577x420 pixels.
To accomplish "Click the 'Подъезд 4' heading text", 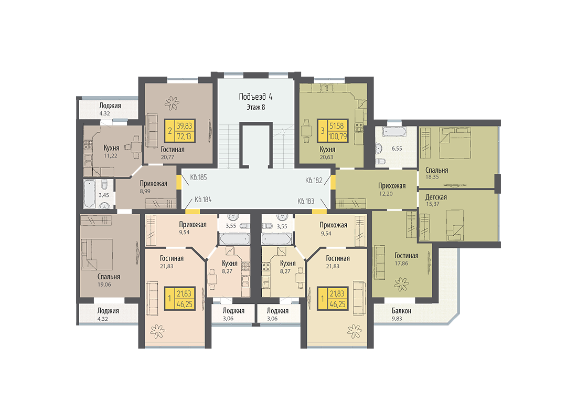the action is (x=255, y=97).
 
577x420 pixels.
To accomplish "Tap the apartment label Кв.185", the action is (x=198, y=177).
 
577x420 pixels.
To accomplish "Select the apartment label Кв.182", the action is (x=314, y=181).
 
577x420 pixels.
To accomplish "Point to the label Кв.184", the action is (x=203, y=199).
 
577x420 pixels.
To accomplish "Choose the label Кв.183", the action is (x=306, y=201).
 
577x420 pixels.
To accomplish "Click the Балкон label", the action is (x=401, y=311).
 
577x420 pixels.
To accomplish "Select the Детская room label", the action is (x=436, y=197).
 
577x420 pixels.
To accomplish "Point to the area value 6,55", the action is (x=397, y=149).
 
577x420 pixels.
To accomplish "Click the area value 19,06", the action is (x=104, y=285).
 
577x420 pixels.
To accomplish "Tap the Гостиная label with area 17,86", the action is (x=406, y=256).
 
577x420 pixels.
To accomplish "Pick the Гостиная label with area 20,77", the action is (x=173, y=150).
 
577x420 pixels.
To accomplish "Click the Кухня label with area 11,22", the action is (x=111, y=148).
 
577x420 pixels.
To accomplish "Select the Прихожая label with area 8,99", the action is (x=154, y=183).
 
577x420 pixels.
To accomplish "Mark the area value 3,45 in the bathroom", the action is (x=103, y=195).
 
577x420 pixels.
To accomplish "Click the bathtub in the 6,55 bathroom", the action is (x=394, y=132).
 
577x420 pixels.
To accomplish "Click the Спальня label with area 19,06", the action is (x=109, y=277).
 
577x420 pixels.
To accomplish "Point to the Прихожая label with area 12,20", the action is (x=392, y=186).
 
